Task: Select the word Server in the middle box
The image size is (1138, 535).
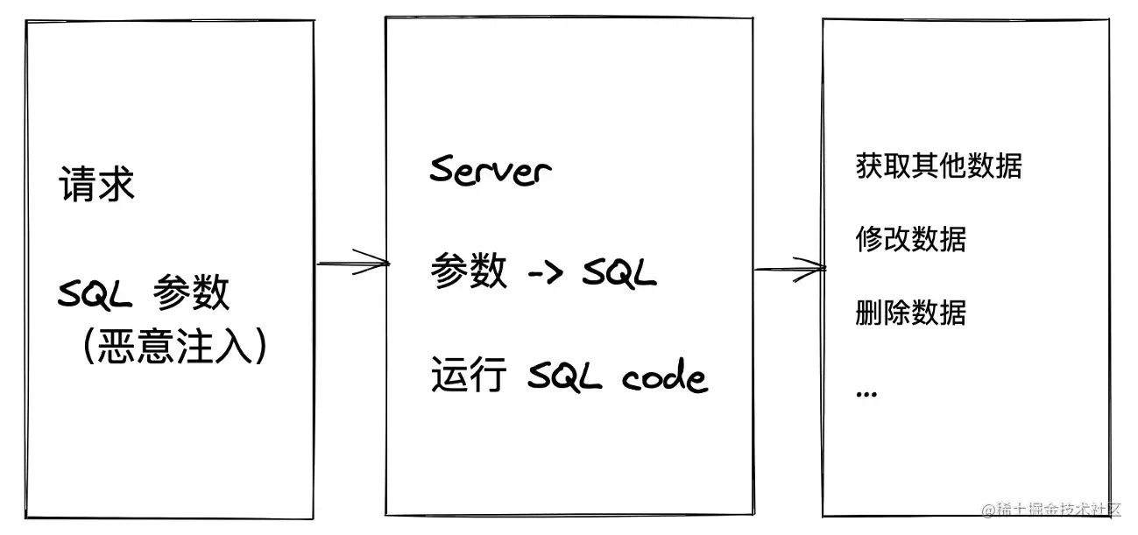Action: point(491,170)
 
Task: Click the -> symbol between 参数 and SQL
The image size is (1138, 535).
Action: point(549,274)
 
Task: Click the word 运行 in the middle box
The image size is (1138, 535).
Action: point(469,377)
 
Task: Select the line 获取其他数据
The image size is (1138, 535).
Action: point(938,165)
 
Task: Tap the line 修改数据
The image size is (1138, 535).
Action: point(910,238)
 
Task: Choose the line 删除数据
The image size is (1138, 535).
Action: point(910,312)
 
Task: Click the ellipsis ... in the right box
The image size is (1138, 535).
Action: point(866,393)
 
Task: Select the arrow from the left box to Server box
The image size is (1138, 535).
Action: point(352,262)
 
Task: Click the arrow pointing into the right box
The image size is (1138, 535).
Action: point(790,267)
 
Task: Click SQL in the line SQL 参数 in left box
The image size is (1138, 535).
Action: point(95,294)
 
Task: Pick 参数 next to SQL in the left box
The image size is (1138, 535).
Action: point(191,294)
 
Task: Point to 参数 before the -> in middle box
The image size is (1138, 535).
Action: point(469,273)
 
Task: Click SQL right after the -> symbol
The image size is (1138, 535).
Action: point(618,274)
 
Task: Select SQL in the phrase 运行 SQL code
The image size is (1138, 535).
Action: point(565,377)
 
